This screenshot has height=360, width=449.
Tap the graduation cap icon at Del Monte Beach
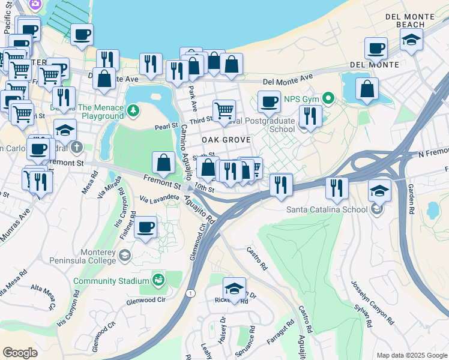pyautogui.click(x=411, y=40)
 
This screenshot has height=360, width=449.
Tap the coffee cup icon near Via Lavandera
pyautogui.click(x=145, y=228)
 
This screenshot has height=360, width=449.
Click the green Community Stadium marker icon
pyautogui.click(x=158, y=280)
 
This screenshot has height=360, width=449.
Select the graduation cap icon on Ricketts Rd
pyautogui.click(x=234, y=287)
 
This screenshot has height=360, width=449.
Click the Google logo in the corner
pyautogui.click(x=20, y=353)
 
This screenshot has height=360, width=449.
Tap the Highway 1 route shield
pyautogui.click(x=191, y=293)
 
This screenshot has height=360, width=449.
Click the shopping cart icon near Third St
pyautogui.click(x=224, y=110)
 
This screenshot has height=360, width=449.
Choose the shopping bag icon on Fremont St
pyautogui.click(x=164, y=162)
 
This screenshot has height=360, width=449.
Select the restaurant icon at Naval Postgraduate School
pyautogui.click(x=310, y=115)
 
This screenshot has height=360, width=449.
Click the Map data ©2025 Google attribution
pyautogui.click(x=411, y=355)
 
